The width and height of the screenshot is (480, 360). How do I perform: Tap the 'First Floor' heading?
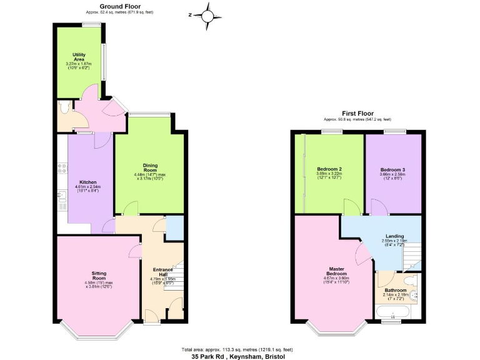click(357, 114)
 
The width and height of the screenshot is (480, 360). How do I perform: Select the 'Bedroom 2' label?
click(329, 169)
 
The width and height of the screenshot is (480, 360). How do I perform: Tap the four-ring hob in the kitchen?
click(61, 167)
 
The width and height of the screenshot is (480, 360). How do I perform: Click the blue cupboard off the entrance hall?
click(174, 227)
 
